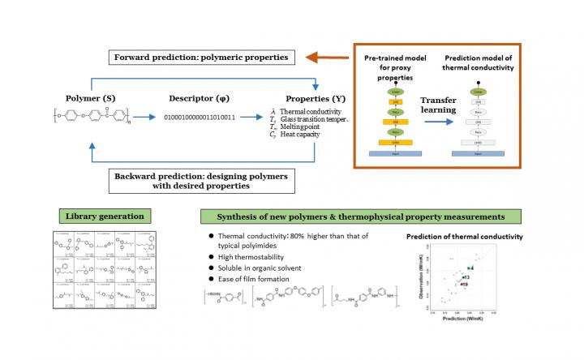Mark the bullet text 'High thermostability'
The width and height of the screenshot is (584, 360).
click(x=248, y=257)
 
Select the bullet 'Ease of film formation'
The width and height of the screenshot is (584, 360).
click(x=252, y=279)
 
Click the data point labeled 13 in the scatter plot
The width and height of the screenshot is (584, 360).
click(x=463, y=277)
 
